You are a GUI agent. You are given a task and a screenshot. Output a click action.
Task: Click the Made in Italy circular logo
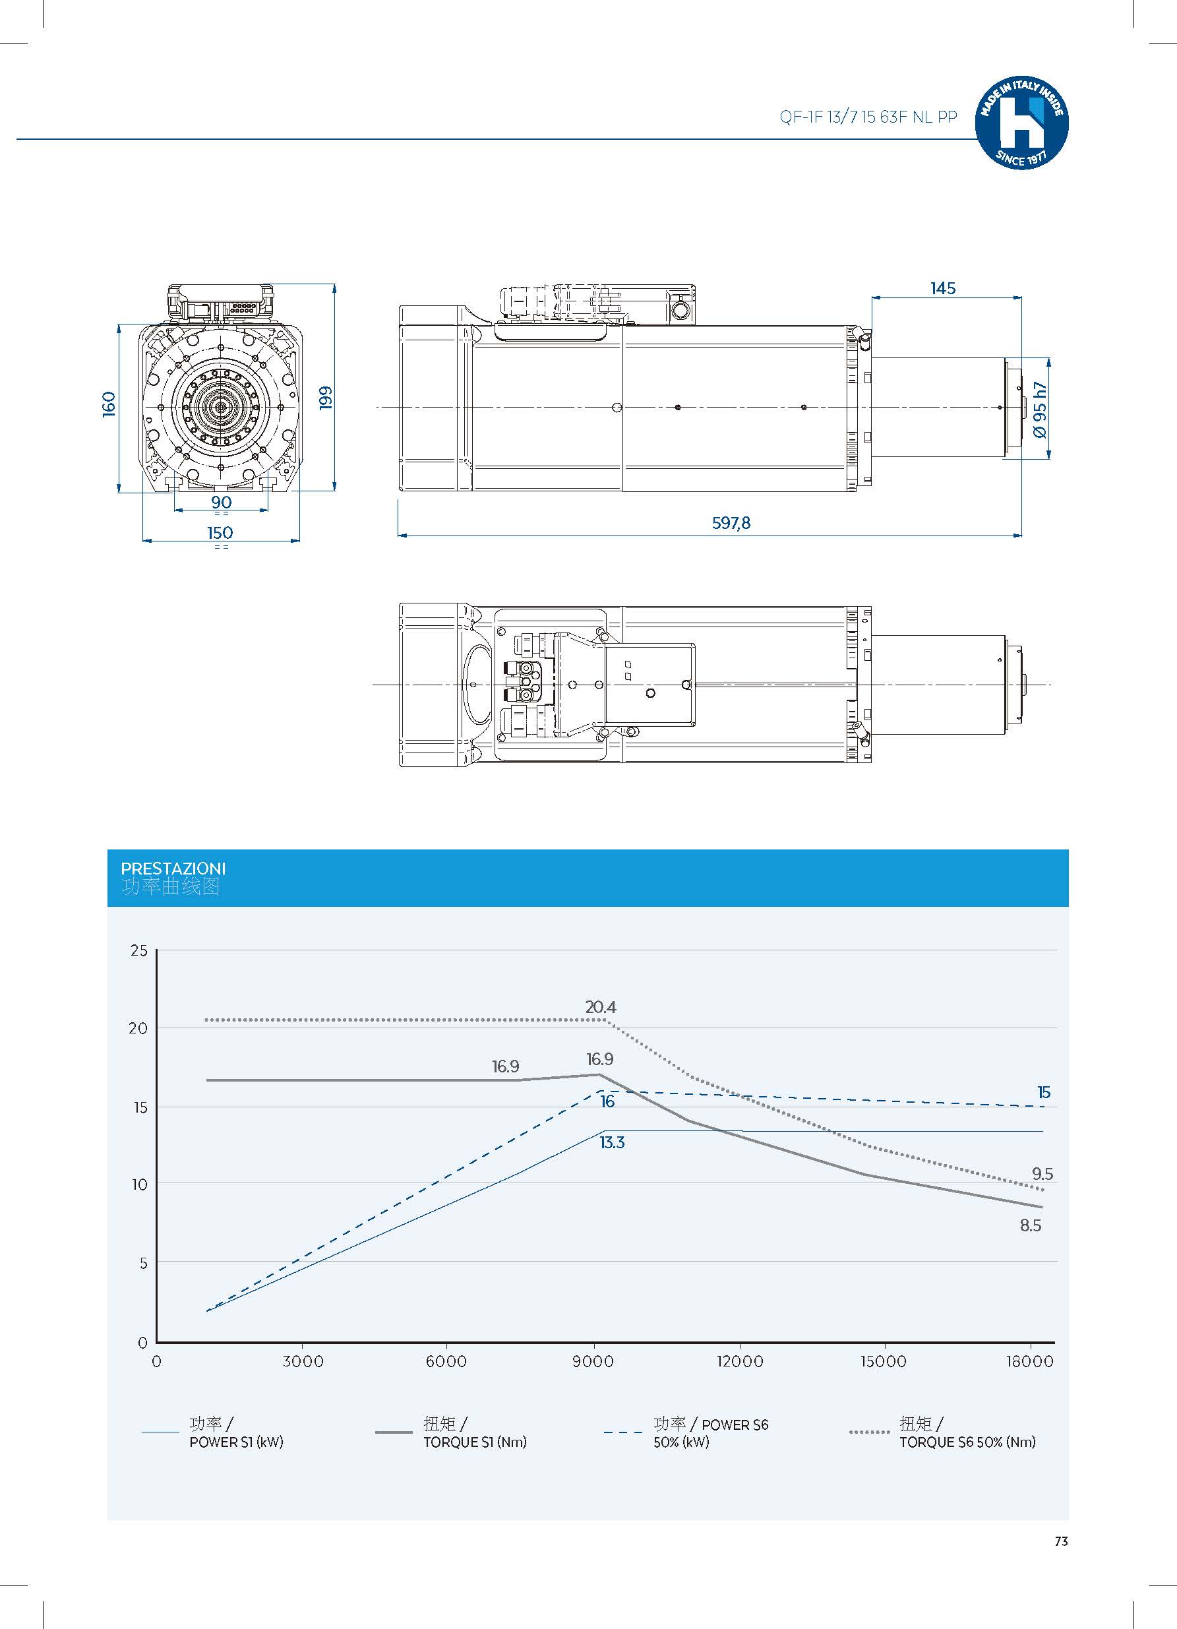pos(1021,123)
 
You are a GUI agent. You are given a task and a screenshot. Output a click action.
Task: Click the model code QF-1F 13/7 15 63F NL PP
pos(868,117)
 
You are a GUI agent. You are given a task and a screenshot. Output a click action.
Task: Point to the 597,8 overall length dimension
pos(731,523)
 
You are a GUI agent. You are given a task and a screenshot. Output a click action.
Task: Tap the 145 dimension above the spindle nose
pos(943,288)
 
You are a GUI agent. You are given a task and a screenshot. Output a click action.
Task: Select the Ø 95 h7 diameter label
pos(1039,410)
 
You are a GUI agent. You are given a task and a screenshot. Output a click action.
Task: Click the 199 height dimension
pos(326,397)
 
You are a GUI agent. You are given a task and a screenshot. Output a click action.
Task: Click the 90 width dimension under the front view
pos(221,502)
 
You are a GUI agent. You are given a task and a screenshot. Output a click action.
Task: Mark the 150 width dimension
pos(220,532)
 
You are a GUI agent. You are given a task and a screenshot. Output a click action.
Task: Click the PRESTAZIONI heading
pos(173,869)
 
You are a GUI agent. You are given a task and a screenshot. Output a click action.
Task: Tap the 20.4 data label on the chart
pos(600,1007)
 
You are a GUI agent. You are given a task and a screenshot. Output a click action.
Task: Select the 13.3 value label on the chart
pos(612,1142)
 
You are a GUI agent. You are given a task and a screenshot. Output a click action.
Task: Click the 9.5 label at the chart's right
pos(1042,1174)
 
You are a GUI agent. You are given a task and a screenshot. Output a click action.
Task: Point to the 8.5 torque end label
pos(1031,1225)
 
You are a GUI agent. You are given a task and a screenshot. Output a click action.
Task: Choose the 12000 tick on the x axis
pos(740,1361)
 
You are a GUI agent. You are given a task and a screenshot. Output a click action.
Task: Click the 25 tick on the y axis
pos(138,950)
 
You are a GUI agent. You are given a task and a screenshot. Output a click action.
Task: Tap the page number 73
pos(1062,1541)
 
